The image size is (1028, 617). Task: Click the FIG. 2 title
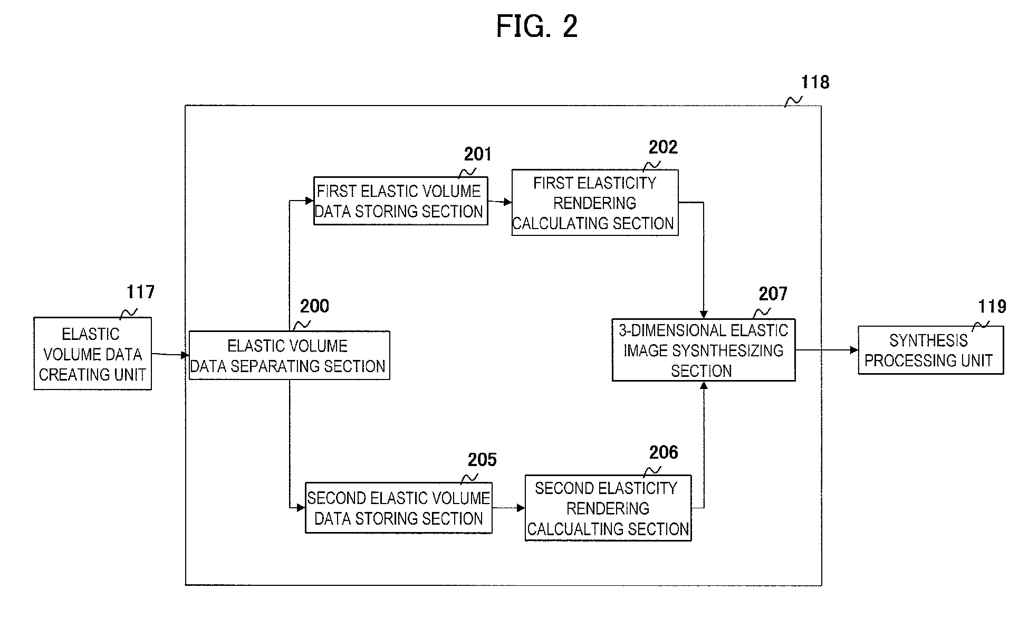537,26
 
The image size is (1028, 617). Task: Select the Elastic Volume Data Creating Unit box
93,354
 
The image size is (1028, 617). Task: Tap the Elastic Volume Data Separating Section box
290,355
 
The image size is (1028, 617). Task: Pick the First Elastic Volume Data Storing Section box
401,201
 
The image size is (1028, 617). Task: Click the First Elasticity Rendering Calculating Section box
595,203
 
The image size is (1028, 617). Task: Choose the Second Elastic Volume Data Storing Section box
399,508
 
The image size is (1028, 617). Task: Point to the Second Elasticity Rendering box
608,508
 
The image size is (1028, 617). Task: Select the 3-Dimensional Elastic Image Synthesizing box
704,350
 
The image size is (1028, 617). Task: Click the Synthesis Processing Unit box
931,350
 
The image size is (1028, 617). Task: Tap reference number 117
141,292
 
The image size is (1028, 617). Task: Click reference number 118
815,82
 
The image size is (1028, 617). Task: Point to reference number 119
992,307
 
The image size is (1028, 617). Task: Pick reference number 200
314,306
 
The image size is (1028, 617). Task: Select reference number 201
478,154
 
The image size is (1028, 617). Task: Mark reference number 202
663,147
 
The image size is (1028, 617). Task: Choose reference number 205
482,460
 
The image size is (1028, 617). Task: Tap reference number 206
664,452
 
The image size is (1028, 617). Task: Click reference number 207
773,294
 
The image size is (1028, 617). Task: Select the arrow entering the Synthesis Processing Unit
827,350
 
